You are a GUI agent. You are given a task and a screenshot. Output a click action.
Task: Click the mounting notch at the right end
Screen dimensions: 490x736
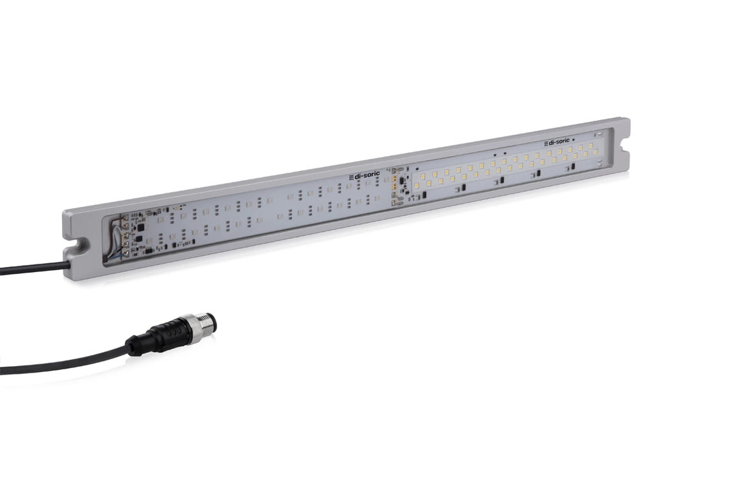pyautogui.click(x=624, y=148)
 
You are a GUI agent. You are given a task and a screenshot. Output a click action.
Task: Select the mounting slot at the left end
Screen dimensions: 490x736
pyautogui.click(x=77, y=246)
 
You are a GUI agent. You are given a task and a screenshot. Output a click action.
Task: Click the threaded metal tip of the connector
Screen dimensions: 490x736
pyautogui.click(x=209, y=322)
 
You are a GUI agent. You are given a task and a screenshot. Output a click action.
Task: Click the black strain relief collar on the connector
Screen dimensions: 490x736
pyautogui.click(x=138, y=345)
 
